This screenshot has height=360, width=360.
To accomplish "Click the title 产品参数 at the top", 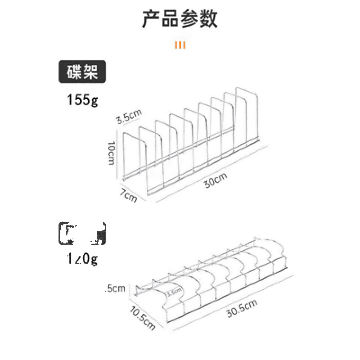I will pos(180,18).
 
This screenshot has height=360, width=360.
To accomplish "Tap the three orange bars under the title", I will pos(180,45).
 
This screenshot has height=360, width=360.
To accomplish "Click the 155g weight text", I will pos(82,100).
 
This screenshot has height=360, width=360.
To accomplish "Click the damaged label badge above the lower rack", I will pos(82,233).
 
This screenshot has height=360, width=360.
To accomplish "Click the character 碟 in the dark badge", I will pos(74,72).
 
